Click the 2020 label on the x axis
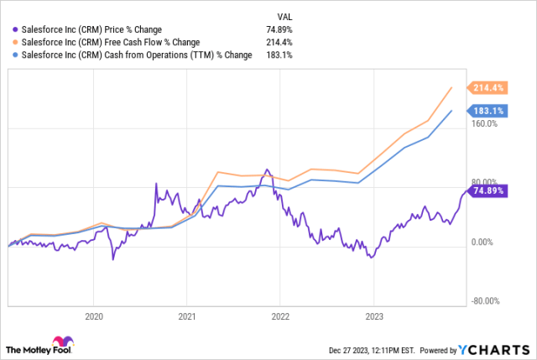(x=94, y=317)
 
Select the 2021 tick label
(x=187, y=317)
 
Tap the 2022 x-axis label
(x=280, y=317)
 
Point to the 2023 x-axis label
(x=373, y=317)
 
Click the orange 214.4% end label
(x=487, y=87)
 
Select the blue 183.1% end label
(x=487, y=110)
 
